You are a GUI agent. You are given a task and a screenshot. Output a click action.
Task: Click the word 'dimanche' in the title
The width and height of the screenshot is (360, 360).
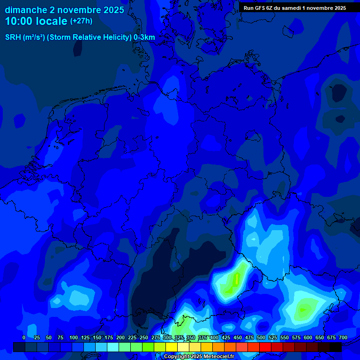click(25, 9)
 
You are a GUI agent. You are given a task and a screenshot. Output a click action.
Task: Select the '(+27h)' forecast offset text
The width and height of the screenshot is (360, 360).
click(81, 21)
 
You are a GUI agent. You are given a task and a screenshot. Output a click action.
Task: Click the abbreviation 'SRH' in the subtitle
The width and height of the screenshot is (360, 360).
click(13, 37)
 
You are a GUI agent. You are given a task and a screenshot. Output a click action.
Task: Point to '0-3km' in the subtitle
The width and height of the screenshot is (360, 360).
click(144, 37)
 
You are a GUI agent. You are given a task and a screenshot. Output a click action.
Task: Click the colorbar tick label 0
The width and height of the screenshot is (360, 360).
click(24, 337)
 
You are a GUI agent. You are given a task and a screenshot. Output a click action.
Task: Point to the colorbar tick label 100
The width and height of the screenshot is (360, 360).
click(74, 337)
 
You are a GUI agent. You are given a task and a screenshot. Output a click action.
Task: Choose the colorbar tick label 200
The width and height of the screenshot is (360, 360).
click(120, 337)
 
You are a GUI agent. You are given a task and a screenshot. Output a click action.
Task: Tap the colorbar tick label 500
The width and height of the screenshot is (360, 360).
click(261, 337)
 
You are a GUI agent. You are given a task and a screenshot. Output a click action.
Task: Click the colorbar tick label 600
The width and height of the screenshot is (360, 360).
click(308, 337)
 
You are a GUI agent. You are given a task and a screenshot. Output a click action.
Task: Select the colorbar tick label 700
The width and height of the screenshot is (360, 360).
click(343, 337)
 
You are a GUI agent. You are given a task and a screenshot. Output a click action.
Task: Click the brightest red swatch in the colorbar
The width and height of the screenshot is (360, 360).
click(265, 347)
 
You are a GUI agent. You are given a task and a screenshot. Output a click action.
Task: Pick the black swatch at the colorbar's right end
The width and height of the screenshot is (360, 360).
click(336, 347)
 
